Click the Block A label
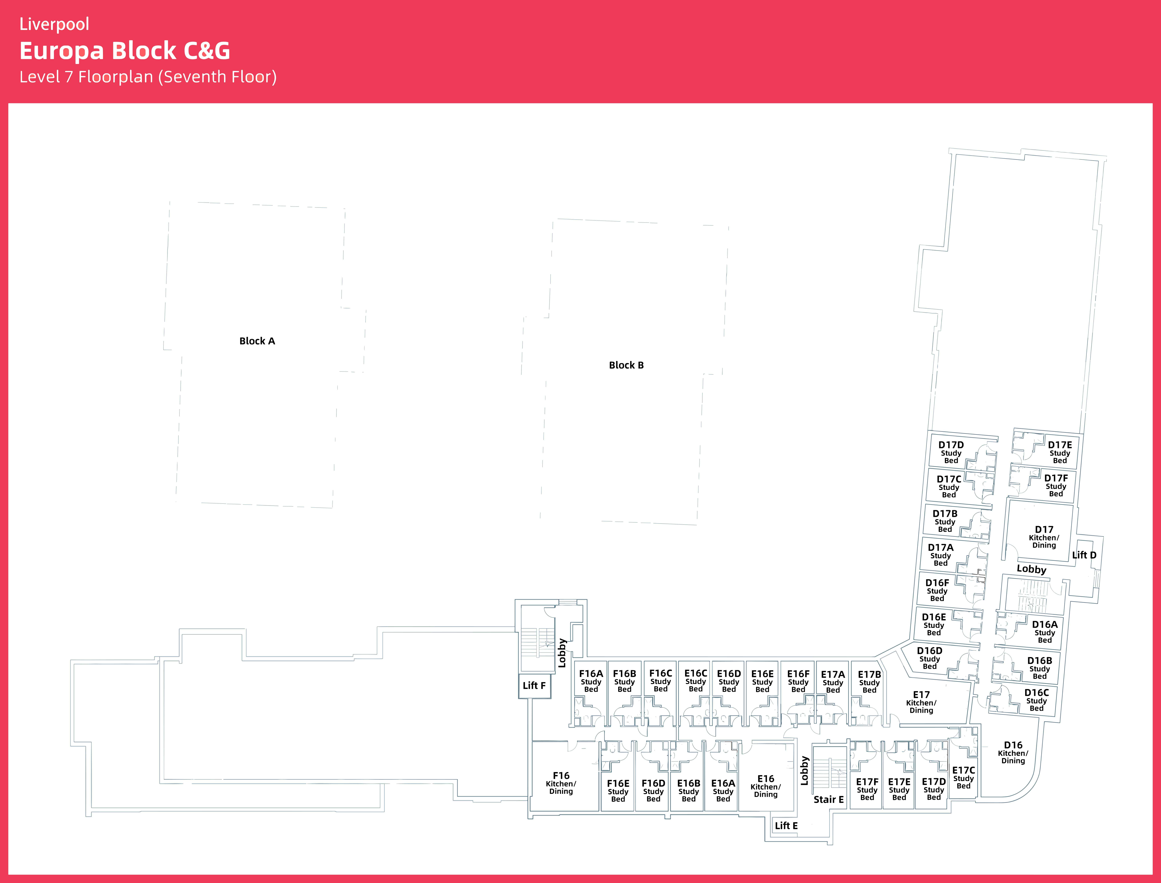click(x=257, y=341)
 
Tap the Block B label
click(x=626, y=365)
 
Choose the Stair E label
click(x=829, y=799)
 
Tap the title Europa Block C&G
click(x=125, y=50)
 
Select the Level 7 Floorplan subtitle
click(x=148, y=77)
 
